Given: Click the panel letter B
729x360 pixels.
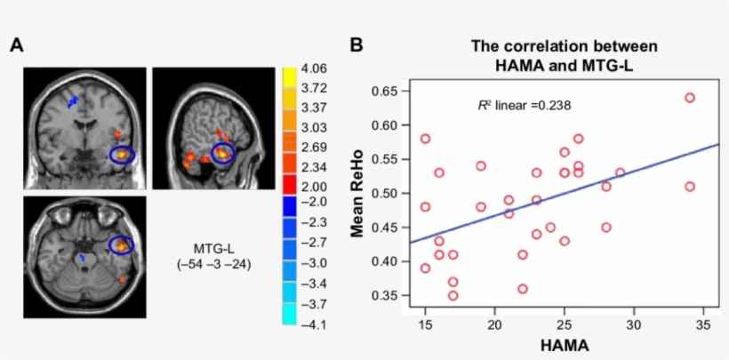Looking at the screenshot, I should (x=356, y=44).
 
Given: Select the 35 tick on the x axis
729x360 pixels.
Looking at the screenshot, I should (x=702, y=324).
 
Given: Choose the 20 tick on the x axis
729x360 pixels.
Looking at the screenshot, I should (x=494, y=324).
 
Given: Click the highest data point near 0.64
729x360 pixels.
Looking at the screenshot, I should (x=689, y=98).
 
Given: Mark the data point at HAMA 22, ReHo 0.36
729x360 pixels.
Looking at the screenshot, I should (x=523, y=289).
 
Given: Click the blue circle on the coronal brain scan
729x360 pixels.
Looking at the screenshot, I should (x=123, y=154).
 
